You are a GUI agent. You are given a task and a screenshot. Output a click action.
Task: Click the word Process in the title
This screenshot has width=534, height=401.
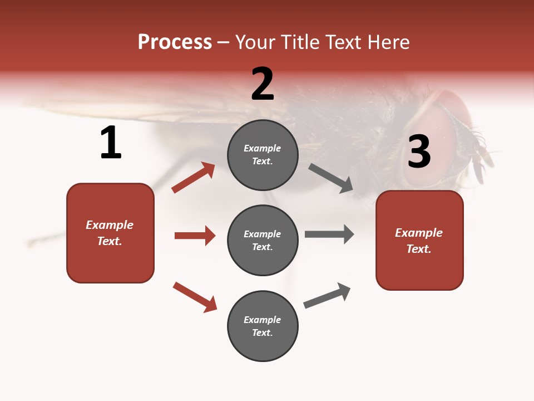(175, 42)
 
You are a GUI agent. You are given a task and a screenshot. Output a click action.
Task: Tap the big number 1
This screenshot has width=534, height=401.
(111, 143)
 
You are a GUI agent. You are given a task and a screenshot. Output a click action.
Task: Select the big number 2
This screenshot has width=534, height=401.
(263, 84)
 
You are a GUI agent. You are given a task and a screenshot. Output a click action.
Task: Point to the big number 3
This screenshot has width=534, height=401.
(419, 152)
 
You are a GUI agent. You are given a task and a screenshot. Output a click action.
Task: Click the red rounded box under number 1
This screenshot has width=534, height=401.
(110, 233)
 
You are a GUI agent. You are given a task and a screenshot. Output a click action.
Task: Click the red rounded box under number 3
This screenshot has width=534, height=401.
(419, 240)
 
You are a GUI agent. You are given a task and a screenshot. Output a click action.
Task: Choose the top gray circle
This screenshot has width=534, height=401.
(263, 155)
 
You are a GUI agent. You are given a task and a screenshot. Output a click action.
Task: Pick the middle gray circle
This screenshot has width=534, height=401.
(263, 240)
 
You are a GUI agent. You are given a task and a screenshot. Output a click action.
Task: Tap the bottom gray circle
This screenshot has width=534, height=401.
(263, 326)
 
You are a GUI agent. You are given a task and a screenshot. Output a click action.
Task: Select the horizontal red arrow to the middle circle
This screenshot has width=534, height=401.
(195, 236)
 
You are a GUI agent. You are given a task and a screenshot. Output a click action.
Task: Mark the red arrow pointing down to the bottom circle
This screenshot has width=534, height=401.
(195, 297)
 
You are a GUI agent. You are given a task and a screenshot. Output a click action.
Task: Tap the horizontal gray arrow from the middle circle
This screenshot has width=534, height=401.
(329, 234)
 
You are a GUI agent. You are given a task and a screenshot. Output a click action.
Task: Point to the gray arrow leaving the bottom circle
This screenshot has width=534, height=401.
(327, 295)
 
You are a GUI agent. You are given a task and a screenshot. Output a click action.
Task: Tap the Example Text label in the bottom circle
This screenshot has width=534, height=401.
(263, 326)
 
